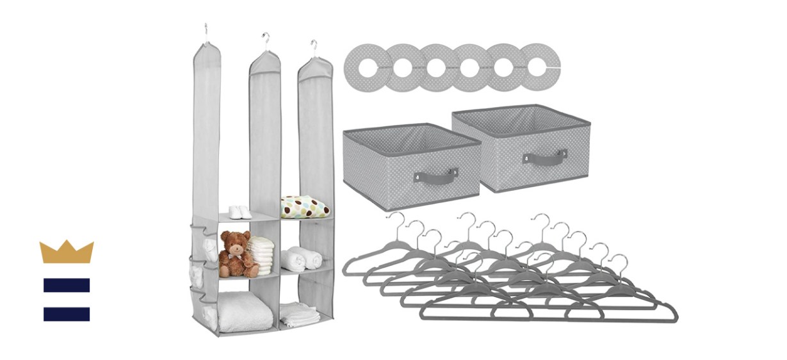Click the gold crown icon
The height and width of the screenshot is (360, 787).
67,252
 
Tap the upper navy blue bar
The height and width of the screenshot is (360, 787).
67,285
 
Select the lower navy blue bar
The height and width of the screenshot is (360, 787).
67,314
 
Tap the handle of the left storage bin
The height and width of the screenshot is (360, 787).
435,175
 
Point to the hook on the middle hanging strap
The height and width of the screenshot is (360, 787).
265,38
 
